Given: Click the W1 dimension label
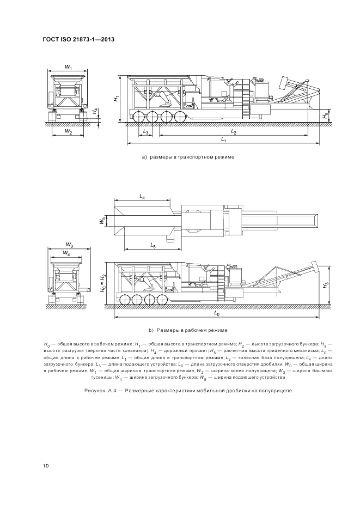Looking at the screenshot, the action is pos(68,67).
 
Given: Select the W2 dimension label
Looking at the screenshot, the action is pos(68,131).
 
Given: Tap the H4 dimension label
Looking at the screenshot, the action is pos(94,111).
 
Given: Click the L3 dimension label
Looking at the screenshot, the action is pos(146,132).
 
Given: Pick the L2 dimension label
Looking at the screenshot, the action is pos(234,131).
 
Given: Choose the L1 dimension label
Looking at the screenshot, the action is pos(223,139).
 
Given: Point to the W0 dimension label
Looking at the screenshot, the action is pos(69,244).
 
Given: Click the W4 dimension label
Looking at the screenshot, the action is pos(66,252).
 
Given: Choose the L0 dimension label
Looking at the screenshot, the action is pos(217,313).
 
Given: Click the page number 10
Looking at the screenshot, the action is pos(46,466).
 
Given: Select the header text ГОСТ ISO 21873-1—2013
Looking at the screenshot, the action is pos(79,40).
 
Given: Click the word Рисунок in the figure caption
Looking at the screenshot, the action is pos(94,390).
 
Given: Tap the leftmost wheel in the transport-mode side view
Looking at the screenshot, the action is pos(138,117).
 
